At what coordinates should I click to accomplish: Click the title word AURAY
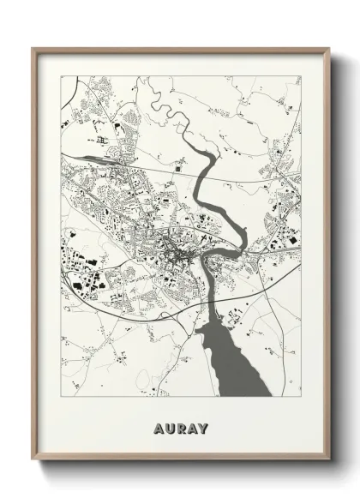point(180,426)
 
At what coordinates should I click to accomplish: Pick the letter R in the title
point(180,426)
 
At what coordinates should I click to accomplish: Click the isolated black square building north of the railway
point(177,171)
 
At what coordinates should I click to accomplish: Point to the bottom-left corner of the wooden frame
point(33,472)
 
